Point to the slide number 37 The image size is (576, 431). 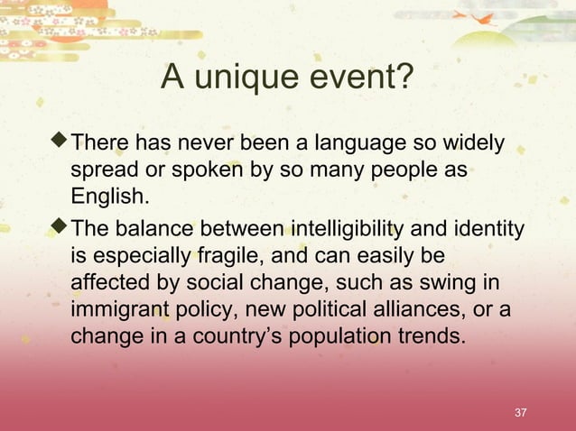click(519, 413)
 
